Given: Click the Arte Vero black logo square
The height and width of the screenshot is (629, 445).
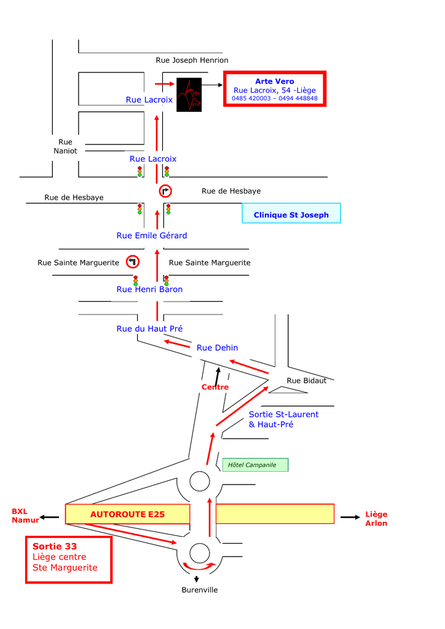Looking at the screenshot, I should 189,95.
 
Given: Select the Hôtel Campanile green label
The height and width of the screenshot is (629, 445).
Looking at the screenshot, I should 255,465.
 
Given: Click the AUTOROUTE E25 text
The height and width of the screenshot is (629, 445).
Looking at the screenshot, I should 127,514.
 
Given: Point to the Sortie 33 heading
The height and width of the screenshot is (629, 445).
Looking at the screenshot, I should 55,546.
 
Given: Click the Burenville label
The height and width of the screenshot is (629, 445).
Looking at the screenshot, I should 199,590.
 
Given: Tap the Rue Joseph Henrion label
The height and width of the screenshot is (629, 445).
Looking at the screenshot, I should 192,60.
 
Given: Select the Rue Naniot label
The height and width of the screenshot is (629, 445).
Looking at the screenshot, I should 65,146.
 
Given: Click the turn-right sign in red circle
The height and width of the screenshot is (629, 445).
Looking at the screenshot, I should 166,190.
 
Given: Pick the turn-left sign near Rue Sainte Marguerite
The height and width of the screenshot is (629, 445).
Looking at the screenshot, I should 133,262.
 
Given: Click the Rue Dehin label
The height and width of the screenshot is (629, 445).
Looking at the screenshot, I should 217,348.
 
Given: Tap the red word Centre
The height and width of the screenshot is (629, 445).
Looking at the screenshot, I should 215,387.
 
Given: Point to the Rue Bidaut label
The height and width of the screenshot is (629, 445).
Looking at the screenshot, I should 302,380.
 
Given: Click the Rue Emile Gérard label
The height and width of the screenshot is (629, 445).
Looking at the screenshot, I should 152,235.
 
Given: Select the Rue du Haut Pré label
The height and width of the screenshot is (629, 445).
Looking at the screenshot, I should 149,329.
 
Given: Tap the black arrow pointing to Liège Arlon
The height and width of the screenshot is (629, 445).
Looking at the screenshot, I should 350,517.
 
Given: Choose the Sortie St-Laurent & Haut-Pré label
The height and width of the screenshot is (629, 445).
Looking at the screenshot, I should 283,419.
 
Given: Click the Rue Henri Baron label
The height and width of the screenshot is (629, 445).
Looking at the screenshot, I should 149,289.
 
